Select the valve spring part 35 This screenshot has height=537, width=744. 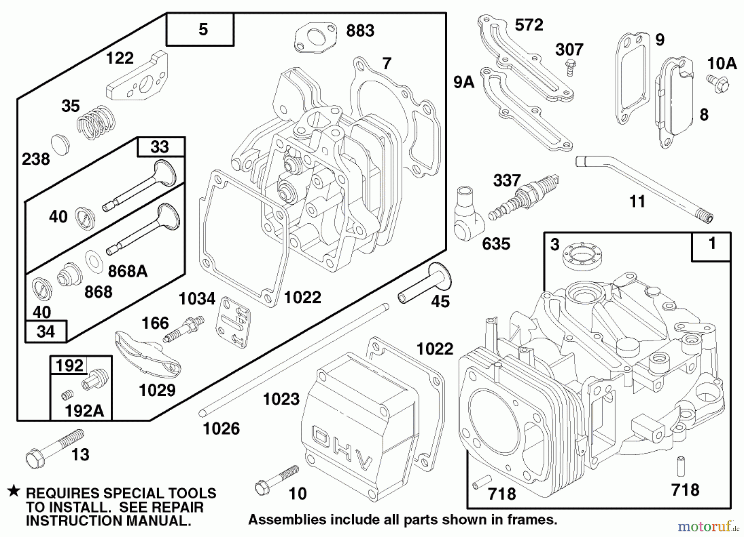click(96, 122)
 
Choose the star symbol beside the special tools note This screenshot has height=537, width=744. click(14, 491)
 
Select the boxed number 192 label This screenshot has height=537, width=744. click(69, 365)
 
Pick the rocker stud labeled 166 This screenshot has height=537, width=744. click(183, 328)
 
